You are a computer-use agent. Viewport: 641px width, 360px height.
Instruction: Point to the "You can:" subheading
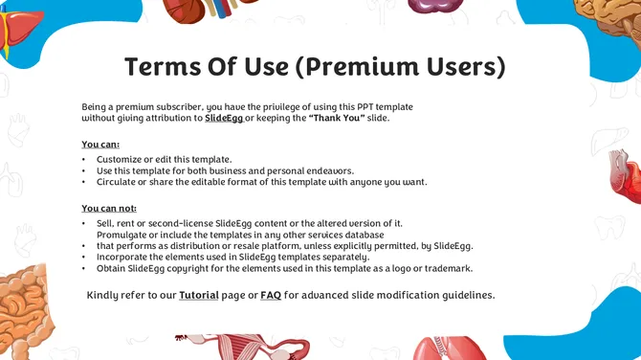100,145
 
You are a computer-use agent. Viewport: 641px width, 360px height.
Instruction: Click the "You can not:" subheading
109,209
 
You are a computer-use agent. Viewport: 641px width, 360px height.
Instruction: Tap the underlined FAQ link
270,295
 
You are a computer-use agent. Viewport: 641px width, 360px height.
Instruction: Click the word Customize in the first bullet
120,159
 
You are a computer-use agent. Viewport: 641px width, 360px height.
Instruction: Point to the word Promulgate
122,235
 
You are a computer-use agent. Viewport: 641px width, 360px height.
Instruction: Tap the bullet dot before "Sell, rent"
84,223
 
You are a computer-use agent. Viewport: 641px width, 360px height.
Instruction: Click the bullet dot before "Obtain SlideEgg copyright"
84,268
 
